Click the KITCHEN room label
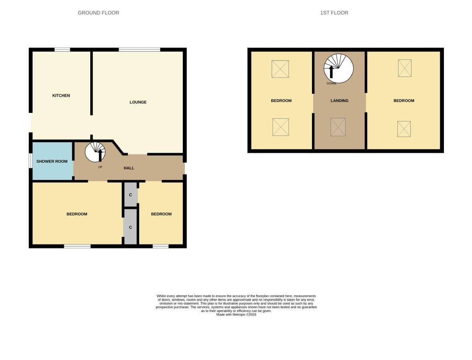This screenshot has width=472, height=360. tap(61, 95)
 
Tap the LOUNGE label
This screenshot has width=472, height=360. tap(138, 102)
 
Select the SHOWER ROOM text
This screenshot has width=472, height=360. tap(52, 161)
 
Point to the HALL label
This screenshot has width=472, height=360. tap(129, 168)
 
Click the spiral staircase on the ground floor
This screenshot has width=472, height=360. tap(95, 152)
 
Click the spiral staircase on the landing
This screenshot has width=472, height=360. tap(338, 68)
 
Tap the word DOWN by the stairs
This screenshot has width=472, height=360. tap(331, 83)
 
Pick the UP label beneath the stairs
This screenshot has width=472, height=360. tap(100, 167)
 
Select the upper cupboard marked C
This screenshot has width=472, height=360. tap(131, 194)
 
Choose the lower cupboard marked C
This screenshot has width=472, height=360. tap(130, 227)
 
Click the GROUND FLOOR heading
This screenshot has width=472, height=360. tap(98, 13)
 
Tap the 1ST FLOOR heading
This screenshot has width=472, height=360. tap(334, 13)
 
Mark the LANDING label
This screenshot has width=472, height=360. tap(340, 101)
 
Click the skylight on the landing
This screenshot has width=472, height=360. tap(338, 127)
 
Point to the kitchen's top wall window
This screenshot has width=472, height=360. tap(62, 50)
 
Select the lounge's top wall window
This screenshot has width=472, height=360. tap(140, 50)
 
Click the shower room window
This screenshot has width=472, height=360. tap(30, 161)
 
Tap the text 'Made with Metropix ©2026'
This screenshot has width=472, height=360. tap(236, 315)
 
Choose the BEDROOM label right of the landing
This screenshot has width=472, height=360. tap(404, 101)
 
